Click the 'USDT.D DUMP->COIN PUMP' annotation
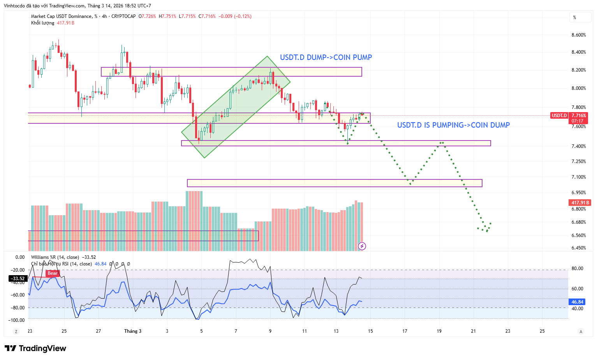coord(326,58)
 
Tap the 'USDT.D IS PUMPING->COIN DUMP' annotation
coord(453,125)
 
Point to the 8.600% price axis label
coord(578,35)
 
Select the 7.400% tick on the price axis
coord(578,146)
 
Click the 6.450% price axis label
coord(578,248)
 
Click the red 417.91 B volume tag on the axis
coord(580,203)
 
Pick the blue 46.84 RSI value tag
coord(577,302)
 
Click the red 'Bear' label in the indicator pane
coord(53,273)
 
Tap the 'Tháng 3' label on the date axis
coord(133,331)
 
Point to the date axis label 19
coord(439,331)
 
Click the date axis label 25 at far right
coord(542,331)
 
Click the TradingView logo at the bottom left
coord(35,348)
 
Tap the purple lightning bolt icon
coord(362,246)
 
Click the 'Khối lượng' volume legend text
coord(43,23)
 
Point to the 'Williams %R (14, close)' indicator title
coord(55,257)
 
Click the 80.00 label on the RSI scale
coord(577,269)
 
